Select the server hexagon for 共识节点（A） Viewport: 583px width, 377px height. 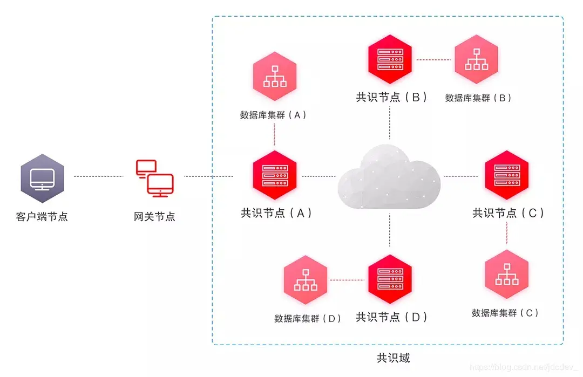pos(275,175)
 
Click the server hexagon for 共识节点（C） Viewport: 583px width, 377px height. pos(506,175)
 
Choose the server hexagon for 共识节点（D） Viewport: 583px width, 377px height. pos(390,279)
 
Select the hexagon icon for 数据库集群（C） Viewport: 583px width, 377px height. pos(506,274)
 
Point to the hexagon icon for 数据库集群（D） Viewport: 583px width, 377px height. pos(306,279)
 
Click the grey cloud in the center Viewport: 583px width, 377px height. pos(389,176)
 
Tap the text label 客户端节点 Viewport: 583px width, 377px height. pos(42,217)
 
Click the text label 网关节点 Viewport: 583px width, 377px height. pos(154,217)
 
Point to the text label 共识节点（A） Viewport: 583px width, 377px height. pos(276,213)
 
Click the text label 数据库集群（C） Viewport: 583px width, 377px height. pos(505,313)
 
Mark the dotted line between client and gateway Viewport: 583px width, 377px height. pos(98,176)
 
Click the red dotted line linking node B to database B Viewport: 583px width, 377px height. pos(433,59)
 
